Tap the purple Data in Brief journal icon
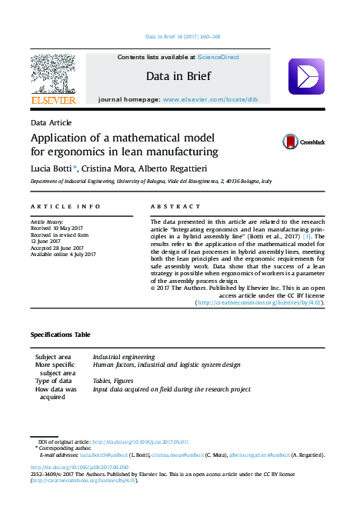305,77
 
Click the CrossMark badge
303,142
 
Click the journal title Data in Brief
178,76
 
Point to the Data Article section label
51,123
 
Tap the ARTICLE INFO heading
65,207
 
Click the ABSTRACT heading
170,207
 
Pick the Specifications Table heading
60,335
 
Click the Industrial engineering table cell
124,357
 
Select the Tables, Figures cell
113,381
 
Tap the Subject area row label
54,357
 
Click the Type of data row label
54,381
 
